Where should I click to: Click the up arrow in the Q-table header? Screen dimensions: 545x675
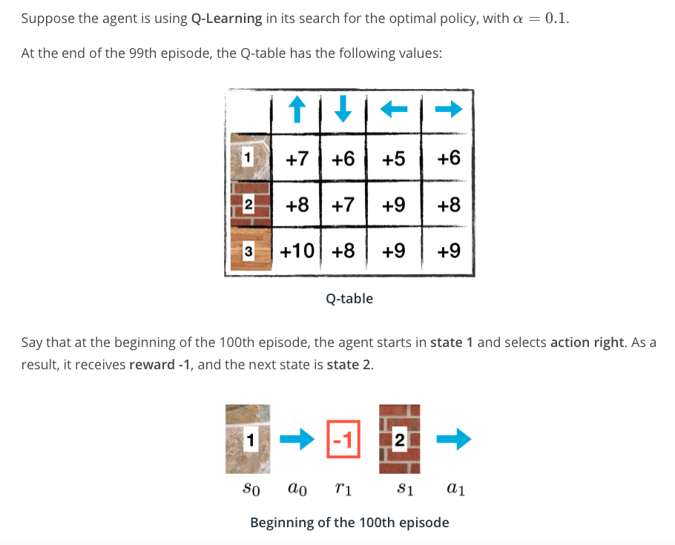[x=297, y=110]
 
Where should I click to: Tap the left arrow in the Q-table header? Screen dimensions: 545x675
[x=395, y=110]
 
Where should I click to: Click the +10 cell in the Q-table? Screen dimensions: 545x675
[x=299, y=251]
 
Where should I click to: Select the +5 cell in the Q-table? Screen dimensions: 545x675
[x=394, y=158]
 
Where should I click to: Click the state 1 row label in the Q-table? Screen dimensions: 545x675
[x=248, y=156]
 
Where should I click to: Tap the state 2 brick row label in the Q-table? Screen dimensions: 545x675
[x=248, y=204]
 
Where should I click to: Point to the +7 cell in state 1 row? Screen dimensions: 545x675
[x=297, y=158]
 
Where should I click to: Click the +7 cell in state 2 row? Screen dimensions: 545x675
[x=343, y=205]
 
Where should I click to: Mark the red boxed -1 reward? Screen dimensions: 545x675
[x=343, y=440]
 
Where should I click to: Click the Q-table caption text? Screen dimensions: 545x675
[x=349, y=299]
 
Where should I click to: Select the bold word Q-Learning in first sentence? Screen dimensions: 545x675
[x=226, y=19]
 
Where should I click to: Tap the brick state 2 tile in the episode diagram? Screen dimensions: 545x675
[x=399, y=439]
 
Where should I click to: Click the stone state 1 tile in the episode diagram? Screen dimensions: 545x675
[x=250, y=439]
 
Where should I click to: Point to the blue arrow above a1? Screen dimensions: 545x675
[x=454, y=440]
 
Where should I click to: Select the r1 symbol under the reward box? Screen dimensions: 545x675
[x=343, y=489]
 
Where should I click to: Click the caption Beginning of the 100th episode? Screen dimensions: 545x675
[x=349, y=523]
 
